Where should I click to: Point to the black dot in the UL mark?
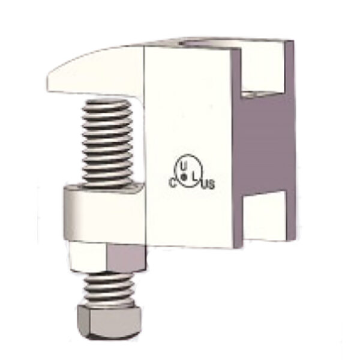(x=185, y=175)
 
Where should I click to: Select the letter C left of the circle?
(x=173, y=183)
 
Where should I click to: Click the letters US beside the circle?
(x=207, y=184)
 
